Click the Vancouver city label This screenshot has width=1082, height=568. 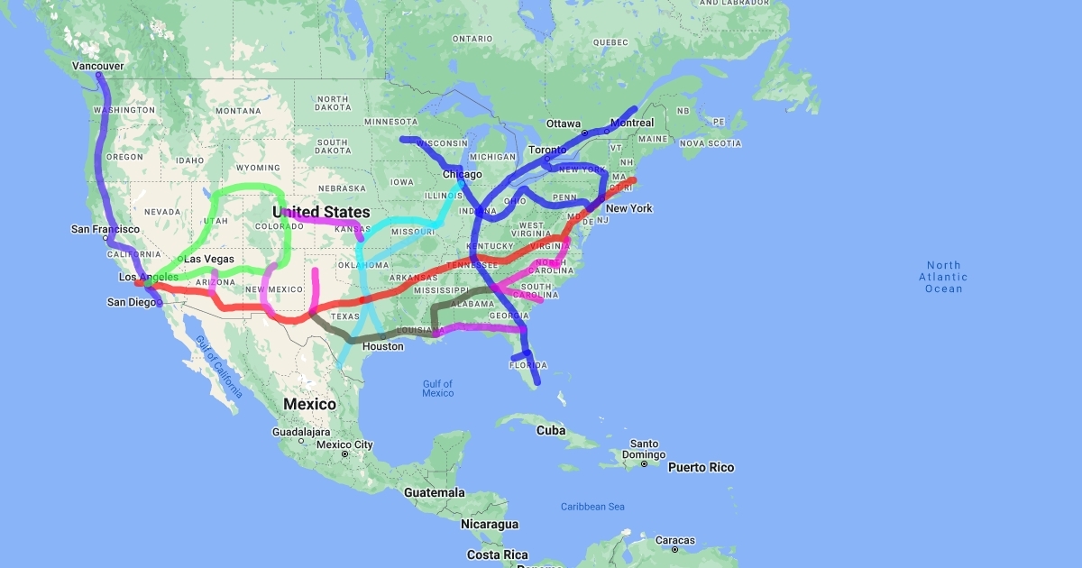pyautogui.click(x=97, y=67)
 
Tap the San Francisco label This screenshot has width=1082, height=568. pyautogui.click(x=105, y=230)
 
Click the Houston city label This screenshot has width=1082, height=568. pyautogui.click(x=383, y=346)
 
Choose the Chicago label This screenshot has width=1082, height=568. pyautogui.click(x=462, y=174)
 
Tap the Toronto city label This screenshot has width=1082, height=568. pyautogui.click(x=547, y=150)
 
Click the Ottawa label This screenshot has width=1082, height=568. pyautogui.click(x=564, y=124)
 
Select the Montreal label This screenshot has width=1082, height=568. pyautogui.click(x=632, y=123)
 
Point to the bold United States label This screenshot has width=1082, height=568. pyautogui.click(x=321, y=213)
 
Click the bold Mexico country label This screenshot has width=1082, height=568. pyautogui.click(x=310, y=404)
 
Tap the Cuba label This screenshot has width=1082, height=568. pyautogui.click(x=551, y=431)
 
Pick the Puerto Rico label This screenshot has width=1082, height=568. pyautogui.click(x=701, y=468)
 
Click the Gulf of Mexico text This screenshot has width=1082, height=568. pyautogui.click(x=438, y=389)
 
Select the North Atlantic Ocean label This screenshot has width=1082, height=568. pyautogui.click(x=944, y=277)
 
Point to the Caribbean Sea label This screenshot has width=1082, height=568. pyautogui.click(x=591, y=507)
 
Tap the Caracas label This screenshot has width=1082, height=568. pyautogui.click(x=675, y=541)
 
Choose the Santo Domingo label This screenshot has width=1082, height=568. pyautogui.click(x=644, y=449)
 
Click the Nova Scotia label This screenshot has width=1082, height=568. pyautogui.click(x=711, y=143)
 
